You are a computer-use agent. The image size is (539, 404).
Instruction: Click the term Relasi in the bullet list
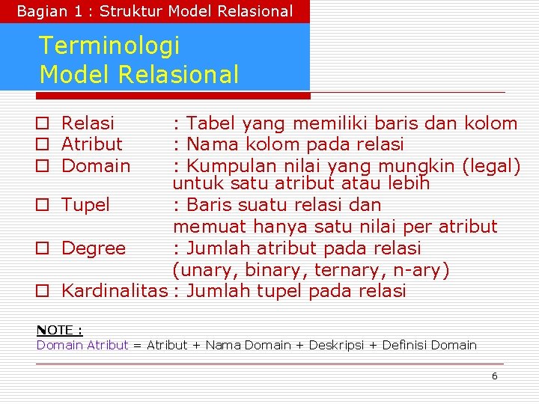coord(88,123)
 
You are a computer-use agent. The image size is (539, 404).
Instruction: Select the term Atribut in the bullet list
coord(91,144)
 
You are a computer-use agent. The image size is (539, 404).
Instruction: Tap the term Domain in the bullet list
coord(96,165)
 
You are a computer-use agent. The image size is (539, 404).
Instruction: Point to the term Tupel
coord(85,204)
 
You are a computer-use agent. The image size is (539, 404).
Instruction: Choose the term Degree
coord(94,248)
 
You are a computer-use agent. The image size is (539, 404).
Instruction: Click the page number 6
coord(494,376)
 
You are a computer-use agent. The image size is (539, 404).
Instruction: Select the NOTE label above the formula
coord(60,330)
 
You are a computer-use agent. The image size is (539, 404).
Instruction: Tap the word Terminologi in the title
coord(109,46)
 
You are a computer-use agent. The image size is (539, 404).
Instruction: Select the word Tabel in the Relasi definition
coord(212,123)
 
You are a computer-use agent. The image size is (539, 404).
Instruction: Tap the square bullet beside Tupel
coord(43,205)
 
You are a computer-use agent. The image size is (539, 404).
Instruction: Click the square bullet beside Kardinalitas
coord(43,292)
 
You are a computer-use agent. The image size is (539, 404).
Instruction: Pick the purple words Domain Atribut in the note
coord(82,345)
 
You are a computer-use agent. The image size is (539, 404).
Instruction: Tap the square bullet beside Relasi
coord(43,123)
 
